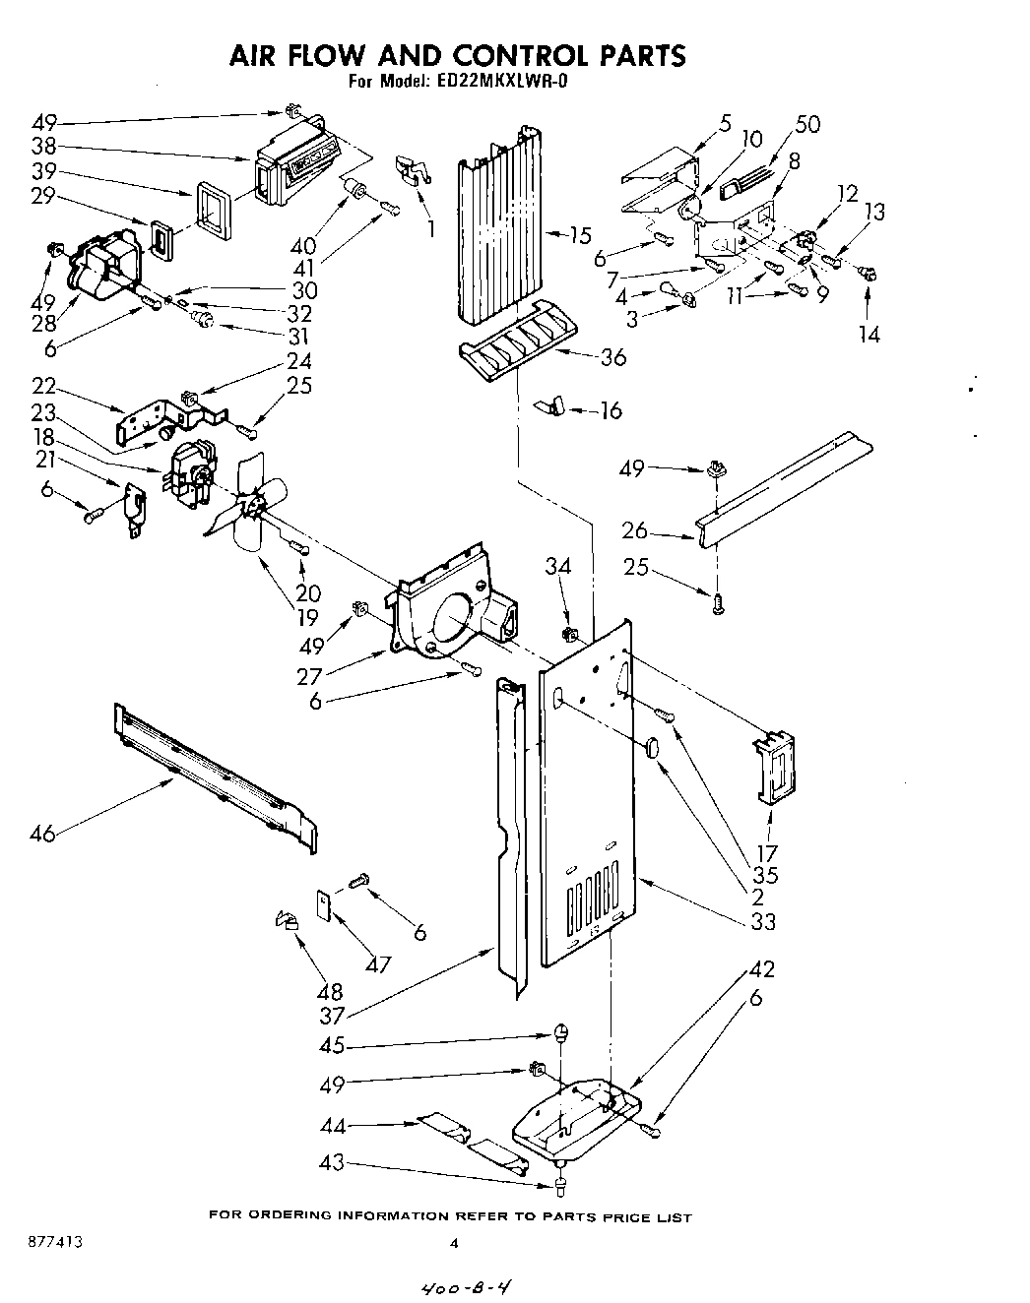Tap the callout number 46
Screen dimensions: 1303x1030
click(43, 835)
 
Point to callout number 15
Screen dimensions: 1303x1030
click(580, 235)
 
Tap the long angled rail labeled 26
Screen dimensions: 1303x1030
click(783, 488)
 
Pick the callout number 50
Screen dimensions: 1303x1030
click(807, 124)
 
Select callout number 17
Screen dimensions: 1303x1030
click(766, 853)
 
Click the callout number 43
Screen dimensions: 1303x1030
click(332, 1163)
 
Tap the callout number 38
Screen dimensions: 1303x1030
click(42, 148)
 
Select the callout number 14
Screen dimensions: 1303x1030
click(868, 334)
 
